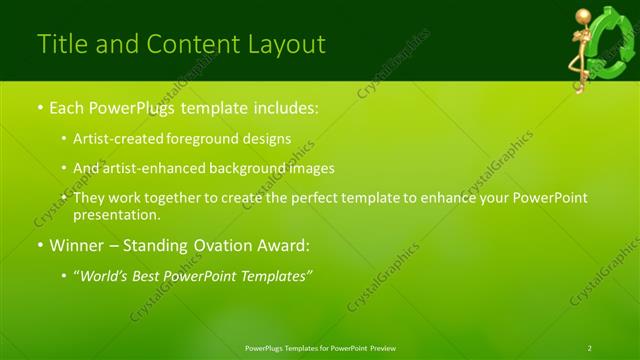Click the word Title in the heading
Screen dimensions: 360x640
(x=61, y=44)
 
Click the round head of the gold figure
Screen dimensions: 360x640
(x=581, y=16)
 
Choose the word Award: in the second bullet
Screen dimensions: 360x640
(x=282, y=245)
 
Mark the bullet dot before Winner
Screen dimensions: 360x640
(x=40, y=246)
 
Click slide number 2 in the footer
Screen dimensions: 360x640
(x=589, y=348)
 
